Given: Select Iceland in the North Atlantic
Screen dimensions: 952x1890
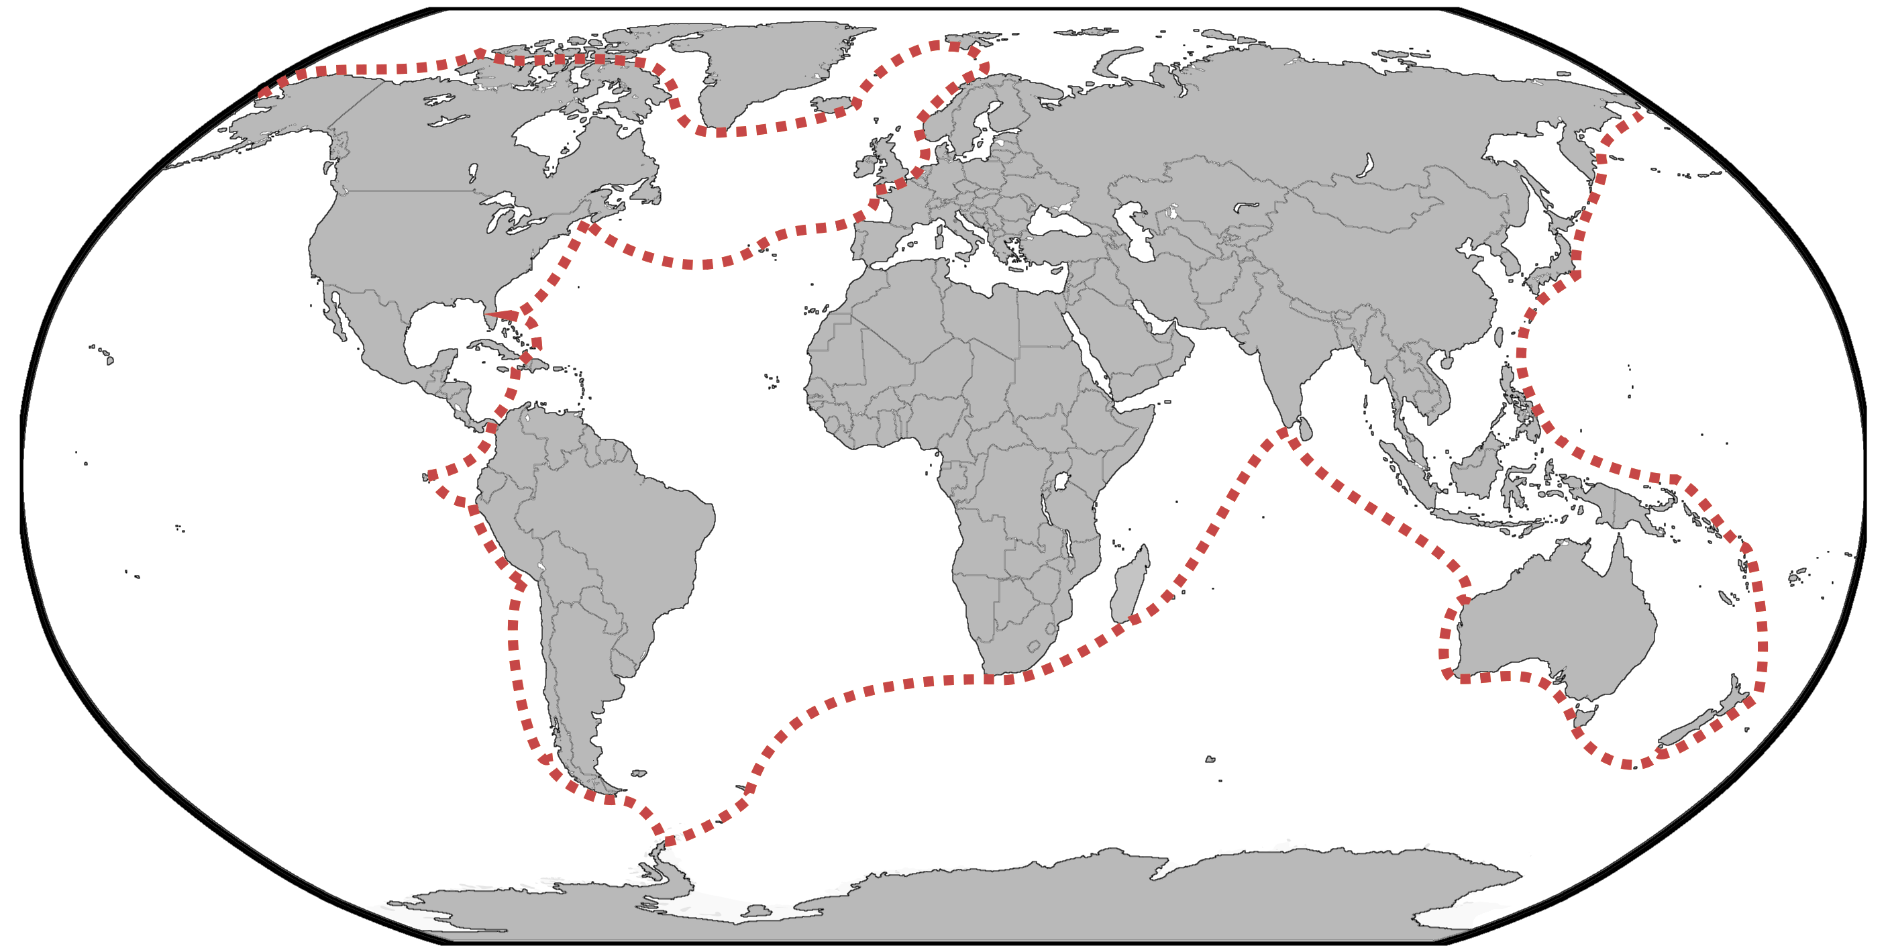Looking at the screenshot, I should click(834, 105).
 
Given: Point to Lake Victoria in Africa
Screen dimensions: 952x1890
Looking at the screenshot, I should click(1061, 482).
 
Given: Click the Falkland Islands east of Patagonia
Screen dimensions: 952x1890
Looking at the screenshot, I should click(638, 773).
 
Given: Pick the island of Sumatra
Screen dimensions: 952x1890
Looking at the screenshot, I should click(1405, 470).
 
